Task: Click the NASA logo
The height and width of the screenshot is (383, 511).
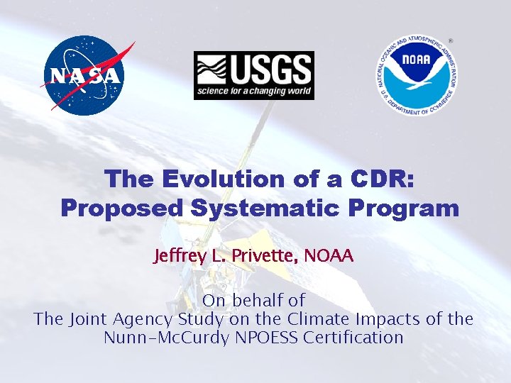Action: (86, 74)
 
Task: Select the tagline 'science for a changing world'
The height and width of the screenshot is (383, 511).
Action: (253, 91)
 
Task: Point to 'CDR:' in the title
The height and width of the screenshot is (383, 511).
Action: (380, 179)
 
